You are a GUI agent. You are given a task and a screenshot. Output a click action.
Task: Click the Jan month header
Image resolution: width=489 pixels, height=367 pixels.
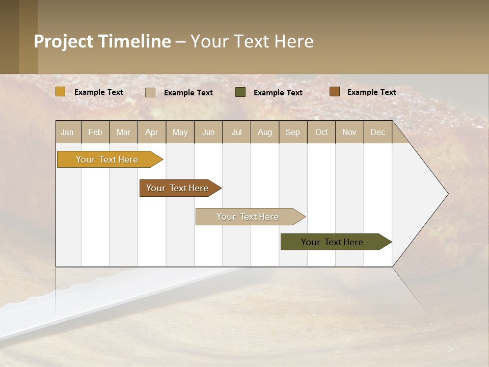(67, 132)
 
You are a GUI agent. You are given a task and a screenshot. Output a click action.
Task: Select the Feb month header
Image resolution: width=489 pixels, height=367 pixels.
(95, 132)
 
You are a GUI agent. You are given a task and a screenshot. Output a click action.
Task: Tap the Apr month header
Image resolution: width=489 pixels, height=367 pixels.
(151, 132)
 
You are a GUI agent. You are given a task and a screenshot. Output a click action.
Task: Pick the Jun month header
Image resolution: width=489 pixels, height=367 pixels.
(208, 132)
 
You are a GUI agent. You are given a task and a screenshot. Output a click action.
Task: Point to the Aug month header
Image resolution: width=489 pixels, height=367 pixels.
(264, 132)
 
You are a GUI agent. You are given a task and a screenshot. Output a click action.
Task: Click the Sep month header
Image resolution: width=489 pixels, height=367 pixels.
(292, 132)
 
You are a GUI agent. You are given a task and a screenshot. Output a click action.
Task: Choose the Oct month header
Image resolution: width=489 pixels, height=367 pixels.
(321, 132)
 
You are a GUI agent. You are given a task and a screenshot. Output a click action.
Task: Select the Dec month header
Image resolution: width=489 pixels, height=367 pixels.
(377, 132)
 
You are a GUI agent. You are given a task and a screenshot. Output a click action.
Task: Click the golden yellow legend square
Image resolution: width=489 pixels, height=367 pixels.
(61, 92)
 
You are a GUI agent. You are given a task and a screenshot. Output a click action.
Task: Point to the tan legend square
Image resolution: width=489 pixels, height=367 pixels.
(150, 92)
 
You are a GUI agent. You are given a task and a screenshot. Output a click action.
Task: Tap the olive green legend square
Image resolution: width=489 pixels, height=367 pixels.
(240, 92)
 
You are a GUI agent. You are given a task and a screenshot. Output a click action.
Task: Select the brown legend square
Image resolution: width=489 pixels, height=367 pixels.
(335, 92)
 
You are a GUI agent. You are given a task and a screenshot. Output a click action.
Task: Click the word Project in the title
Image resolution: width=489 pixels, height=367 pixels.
(64, 41)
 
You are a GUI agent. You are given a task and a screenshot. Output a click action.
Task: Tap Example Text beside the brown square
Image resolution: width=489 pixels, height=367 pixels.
(371, 92)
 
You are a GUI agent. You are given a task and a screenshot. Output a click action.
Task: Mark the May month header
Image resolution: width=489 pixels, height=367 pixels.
(180, 132)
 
